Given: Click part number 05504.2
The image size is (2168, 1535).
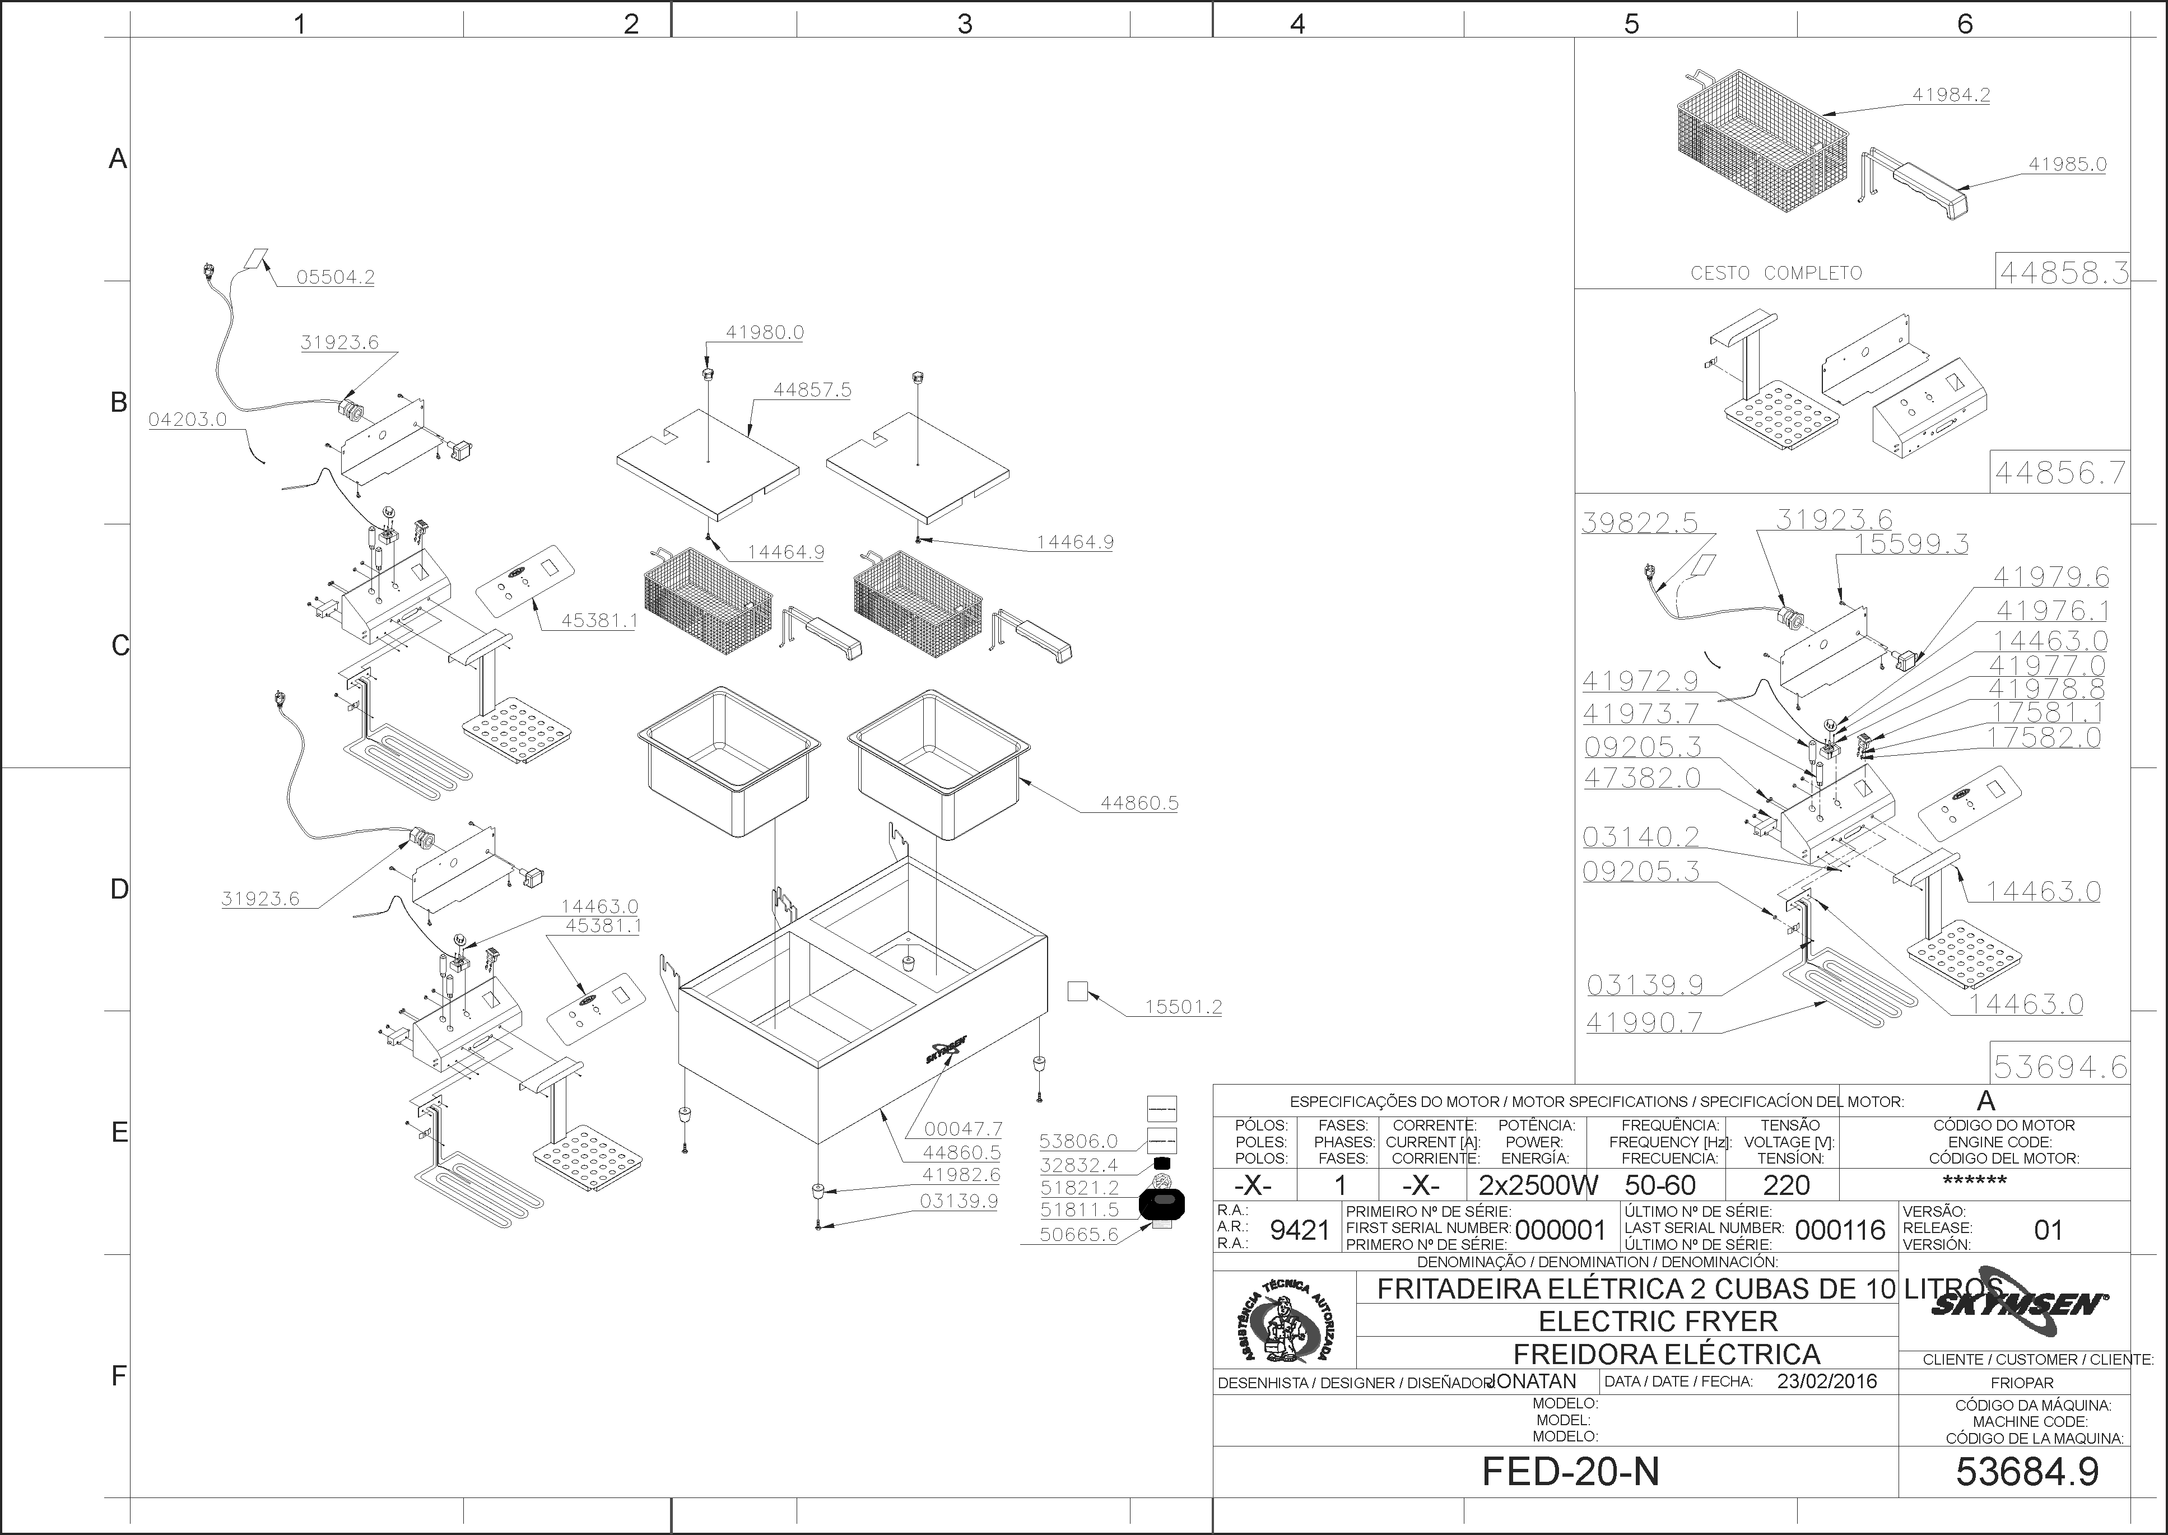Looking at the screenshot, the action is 336,277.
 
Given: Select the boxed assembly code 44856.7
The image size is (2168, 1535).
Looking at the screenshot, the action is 2059,472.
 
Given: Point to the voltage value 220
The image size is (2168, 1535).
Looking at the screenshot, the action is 1786,1185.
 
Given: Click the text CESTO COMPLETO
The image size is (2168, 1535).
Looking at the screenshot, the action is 1776,273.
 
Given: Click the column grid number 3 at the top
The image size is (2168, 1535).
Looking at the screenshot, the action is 964,24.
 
